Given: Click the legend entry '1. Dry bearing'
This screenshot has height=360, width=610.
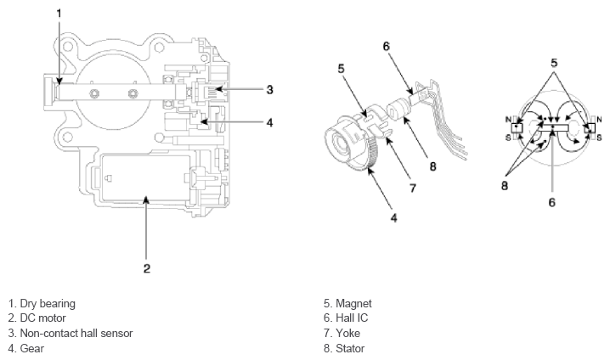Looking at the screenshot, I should point(42,303).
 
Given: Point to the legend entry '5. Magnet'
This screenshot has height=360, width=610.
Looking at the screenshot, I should point(348,303).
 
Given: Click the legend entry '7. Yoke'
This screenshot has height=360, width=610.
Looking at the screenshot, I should point(344,333).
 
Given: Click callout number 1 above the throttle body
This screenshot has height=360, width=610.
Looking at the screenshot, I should point(59,13).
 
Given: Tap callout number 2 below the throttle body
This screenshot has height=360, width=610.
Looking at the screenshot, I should point(146,269).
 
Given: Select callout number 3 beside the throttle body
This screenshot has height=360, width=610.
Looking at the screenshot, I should point(268,88).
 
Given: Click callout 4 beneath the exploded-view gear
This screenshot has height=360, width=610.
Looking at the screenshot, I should point(394,217).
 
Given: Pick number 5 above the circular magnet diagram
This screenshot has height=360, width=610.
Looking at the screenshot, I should point(553,61).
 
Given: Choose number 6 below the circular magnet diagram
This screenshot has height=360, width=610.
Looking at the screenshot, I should point(552,203).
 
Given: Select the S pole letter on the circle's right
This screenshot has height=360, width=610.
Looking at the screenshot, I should point(598,137).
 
